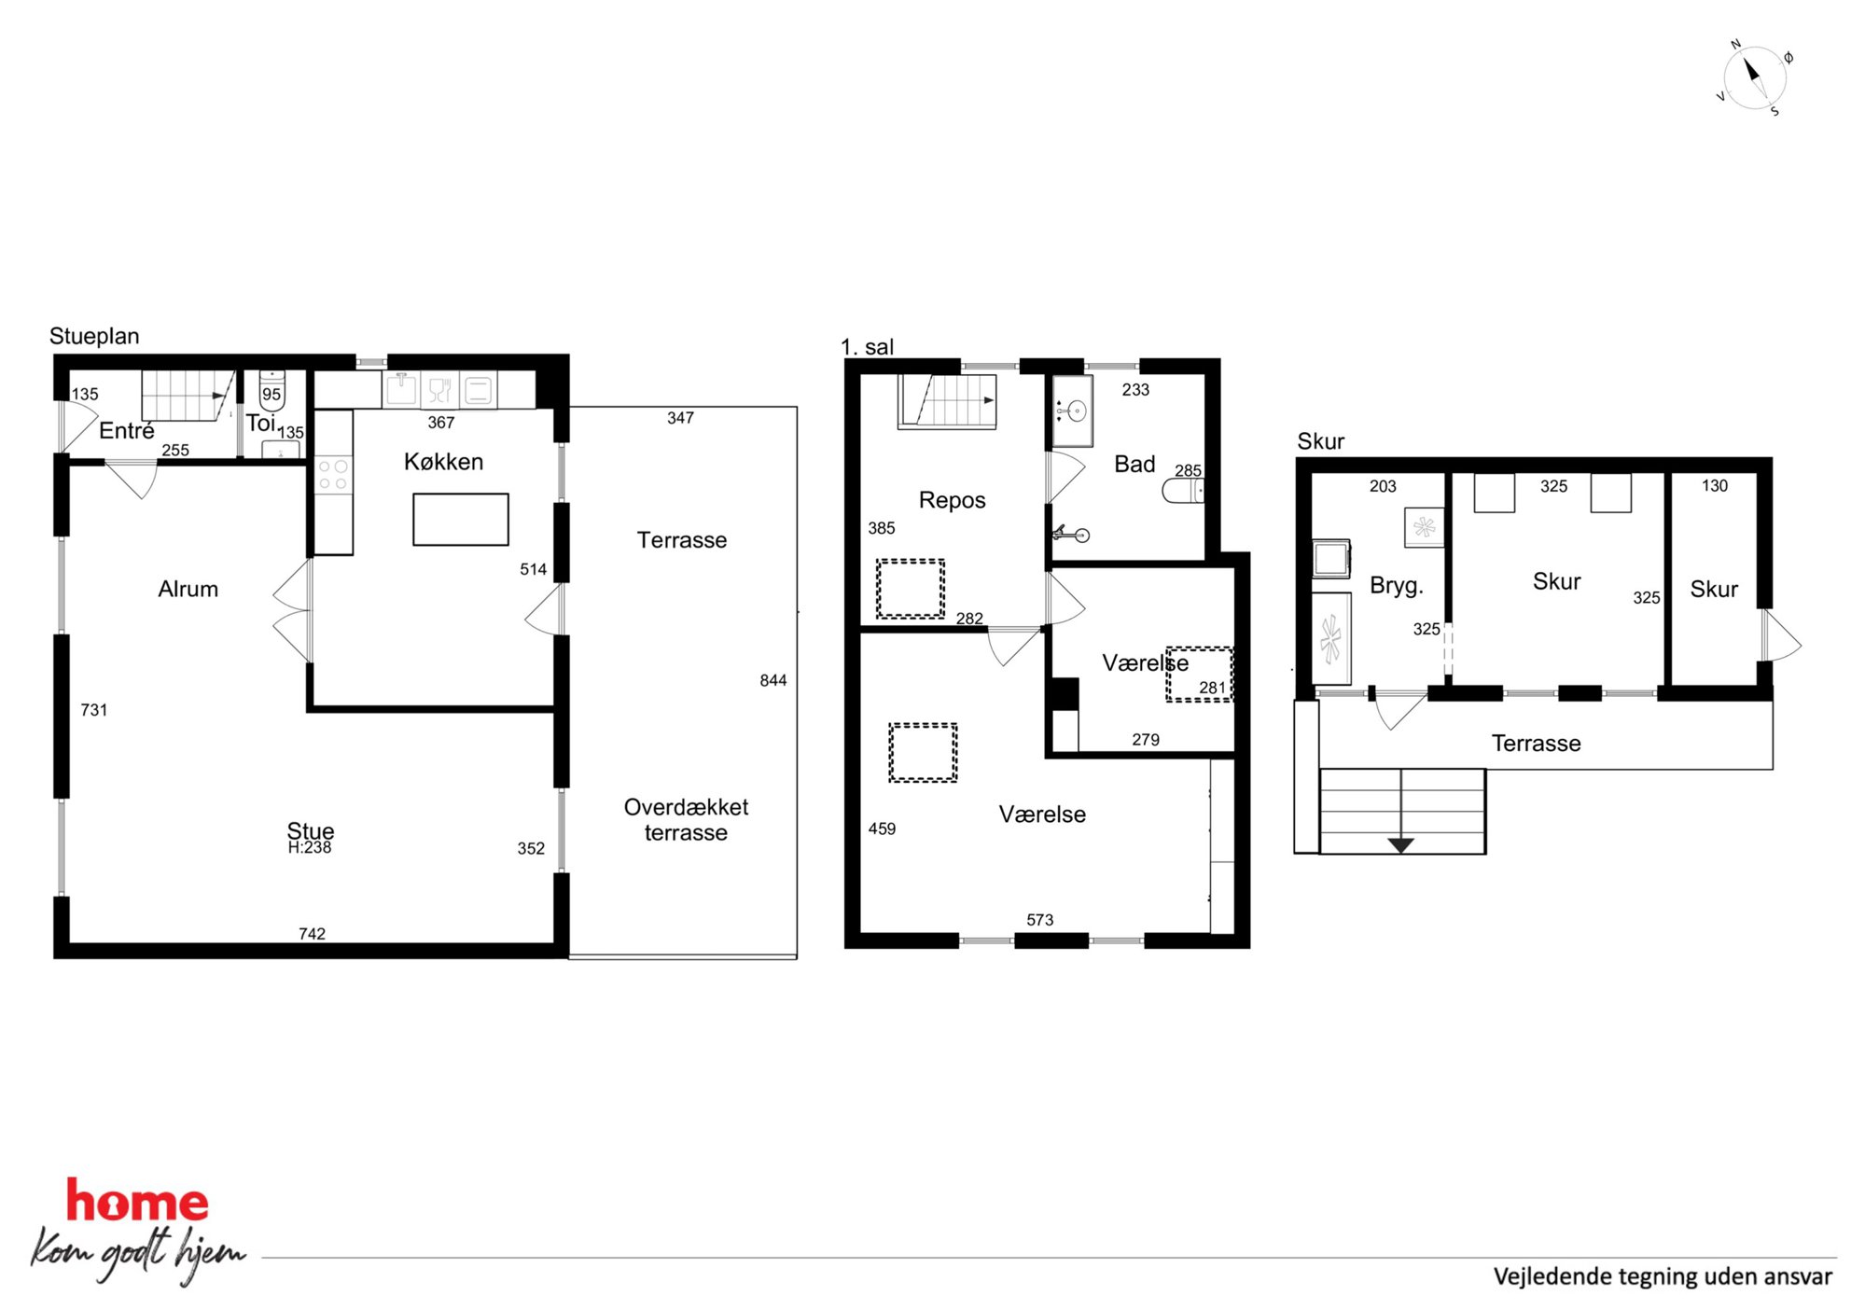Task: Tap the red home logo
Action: pyautogui.click(x=137, y=1202)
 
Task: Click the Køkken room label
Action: pyautogui.click(x=443, y=462)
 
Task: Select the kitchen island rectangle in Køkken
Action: pyautogui.click(x=461, y=519)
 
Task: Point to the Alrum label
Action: pyautogui.click(x=188, y=589)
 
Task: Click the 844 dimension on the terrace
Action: pyautogui.click(x=772, y=680)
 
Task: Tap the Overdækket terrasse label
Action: pyautogui.click(x=686, y=819)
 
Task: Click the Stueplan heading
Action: pyautogui.click(x=94, y=336)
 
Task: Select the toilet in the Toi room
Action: pyautogui.click(x=271, y=390)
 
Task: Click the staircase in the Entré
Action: pyautogui.click(x=188, y=396)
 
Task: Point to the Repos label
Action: pyautogui.click(x=952, y=500)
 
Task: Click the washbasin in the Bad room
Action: pyautogui.click(x=1073, y=411)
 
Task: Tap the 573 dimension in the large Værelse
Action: pyautogui.click(x=1039, y=920)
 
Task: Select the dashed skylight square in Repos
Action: pyautogui.click(x=910, y=589)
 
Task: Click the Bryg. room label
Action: pyautogui.click(x=1397, y=586)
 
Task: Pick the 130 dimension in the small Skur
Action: pyautogui.click(x=1714, y=486)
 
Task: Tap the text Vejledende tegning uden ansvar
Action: pyautogui.click(x=1663, y=1276)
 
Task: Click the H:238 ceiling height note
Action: pyautogui.click(x=310, y=847)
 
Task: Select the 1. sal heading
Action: pyautogui.click(x=867, y=347)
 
